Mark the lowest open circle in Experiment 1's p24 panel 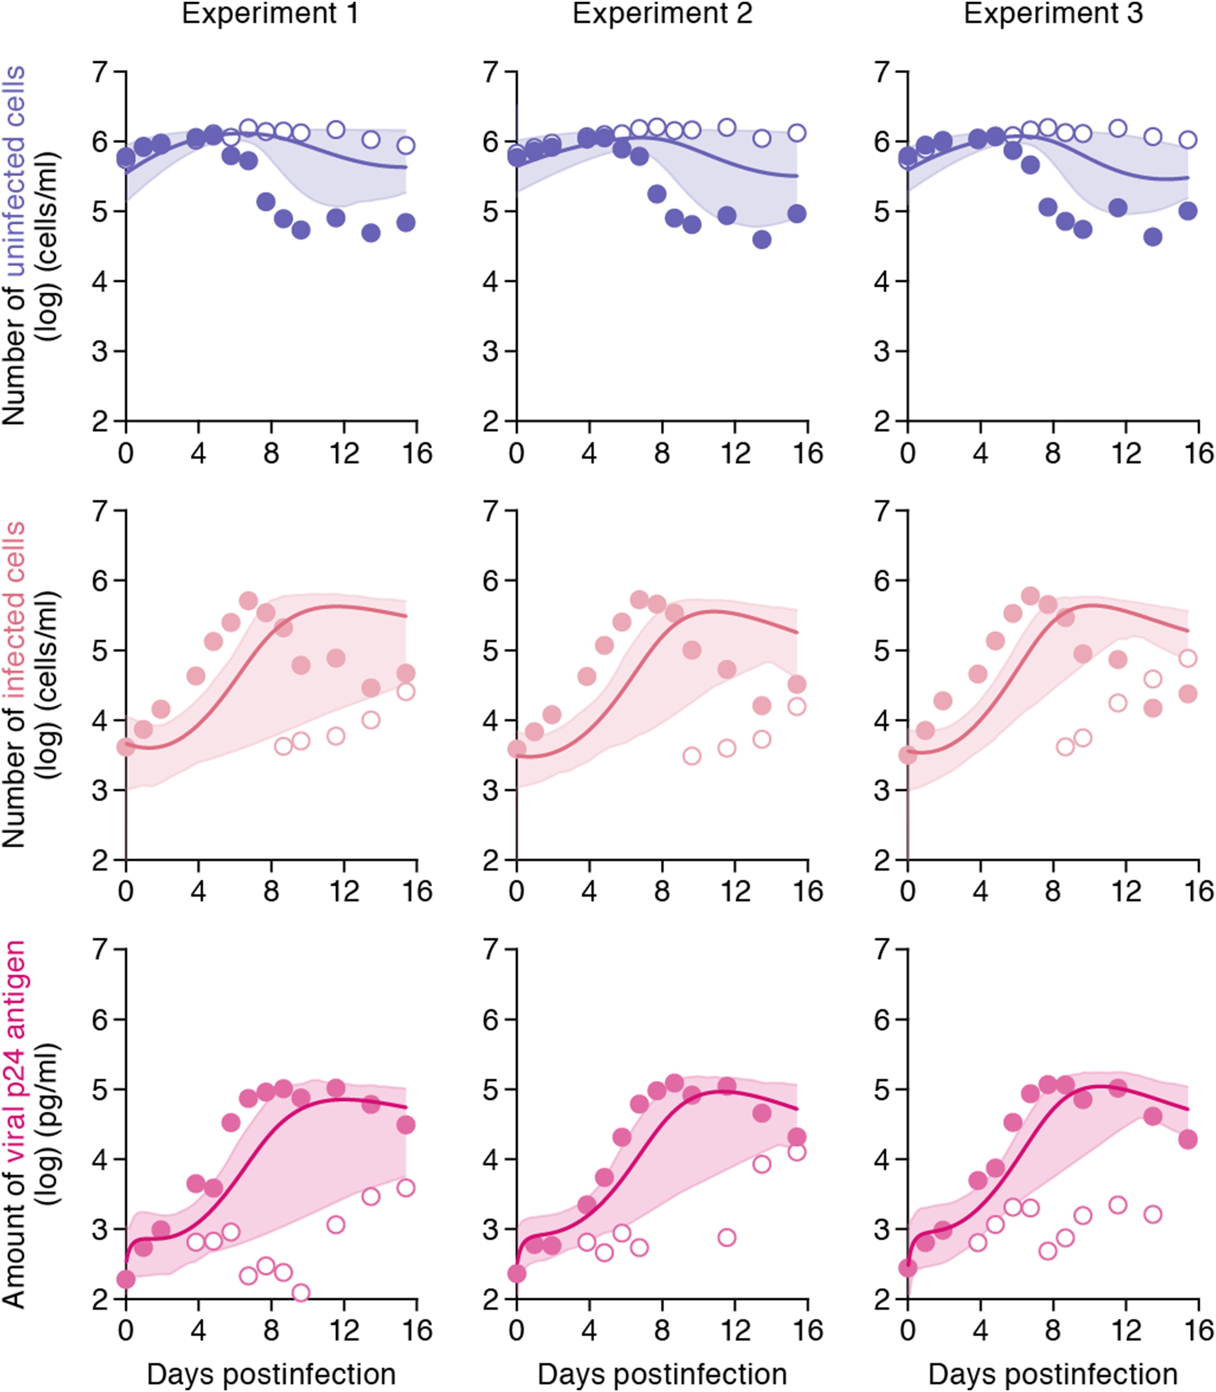click(x=300, y=1292)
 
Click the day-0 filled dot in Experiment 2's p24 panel click(x=517, y=1273)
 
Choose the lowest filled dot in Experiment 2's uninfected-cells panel click(x=762, y=240)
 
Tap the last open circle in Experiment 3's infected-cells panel click(x=1187, y=658)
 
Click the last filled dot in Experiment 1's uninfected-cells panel click(x=406, y=222)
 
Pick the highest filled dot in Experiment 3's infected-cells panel click(x=1030, y=596)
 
